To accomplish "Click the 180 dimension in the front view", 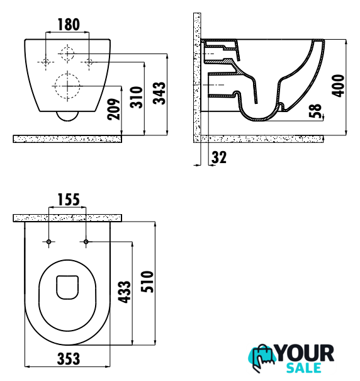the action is click(x=69, y=25).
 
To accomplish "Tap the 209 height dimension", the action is click(x=114, y=109).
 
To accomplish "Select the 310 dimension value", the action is click(x=137, y=97).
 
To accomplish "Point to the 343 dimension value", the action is click(x=159, y=93).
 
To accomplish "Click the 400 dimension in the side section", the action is click(x=338, y=86).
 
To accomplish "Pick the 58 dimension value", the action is click(x=315, y=111).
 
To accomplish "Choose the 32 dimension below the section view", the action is click(x=219, y=157).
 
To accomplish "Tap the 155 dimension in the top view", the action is click(x=69, y=200).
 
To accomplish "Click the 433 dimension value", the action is click(x=125, y=292).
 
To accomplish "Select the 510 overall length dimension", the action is click(x=147, y=282).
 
